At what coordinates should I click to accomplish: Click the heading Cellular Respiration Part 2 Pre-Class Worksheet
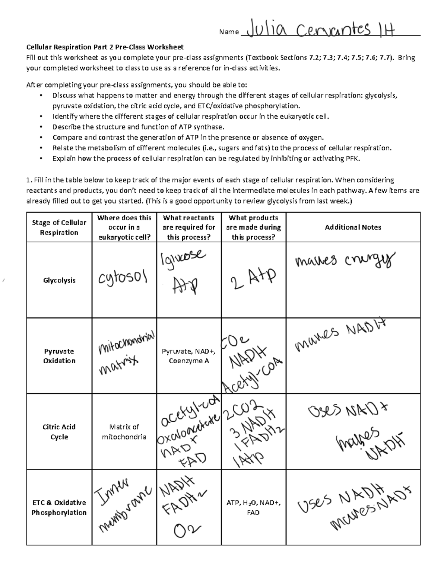tap(105, 47)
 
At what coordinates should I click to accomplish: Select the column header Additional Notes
tap(353, 227)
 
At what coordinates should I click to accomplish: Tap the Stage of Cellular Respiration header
tap(59, 227)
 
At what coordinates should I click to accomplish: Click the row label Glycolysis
tap(59, 280)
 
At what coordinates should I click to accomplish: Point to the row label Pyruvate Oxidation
tap(59, 356)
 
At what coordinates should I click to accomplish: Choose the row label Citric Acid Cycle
tap(59, 432)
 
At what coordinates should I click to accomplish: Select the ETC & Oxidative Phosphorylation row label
tap(59, 507)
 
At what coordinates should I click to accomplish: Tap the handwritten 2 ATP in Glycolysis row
tap(253, 279)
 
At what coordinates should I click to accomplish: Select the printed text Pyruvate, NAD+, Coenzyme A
tap(188, 356)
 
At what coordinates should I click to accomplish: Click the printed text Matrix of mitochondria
tap(124, 432)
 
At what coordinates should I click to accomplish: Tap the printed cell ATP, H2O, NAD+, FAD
tap(253, 507)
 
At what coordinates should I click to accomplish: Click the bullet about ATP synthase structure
tap(138, 127)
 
